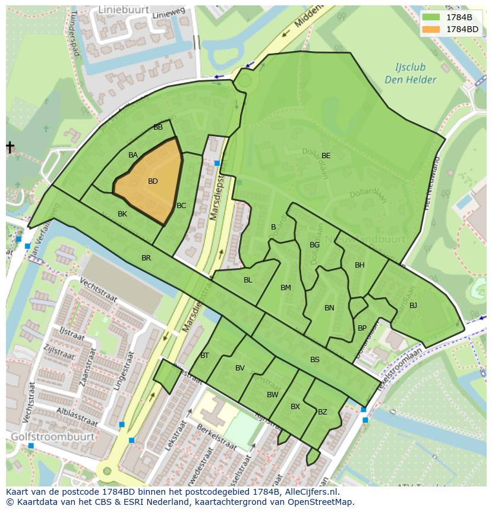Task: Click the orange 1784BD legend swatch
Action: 432,29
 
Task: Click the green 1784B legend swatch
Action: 432,17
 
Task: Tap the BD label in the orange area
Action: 153,181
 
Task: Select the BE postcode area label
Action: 326,156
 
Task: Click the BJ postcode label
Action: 413,306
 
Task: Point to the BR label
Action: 146,258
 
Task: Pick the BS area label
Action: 315,360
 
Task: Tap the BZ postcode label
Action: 323,412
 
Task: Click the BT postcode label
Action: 204,356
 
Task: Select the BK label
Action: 122,214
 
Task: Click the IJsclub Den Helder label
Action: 410,74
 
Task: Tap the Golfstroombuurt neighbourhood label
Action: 52,436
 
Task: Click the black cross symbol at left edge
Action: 10,147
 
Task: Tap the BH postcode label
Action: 359,265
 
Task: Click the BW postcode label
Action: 272,395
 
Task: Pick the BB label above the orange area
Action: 158,127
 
